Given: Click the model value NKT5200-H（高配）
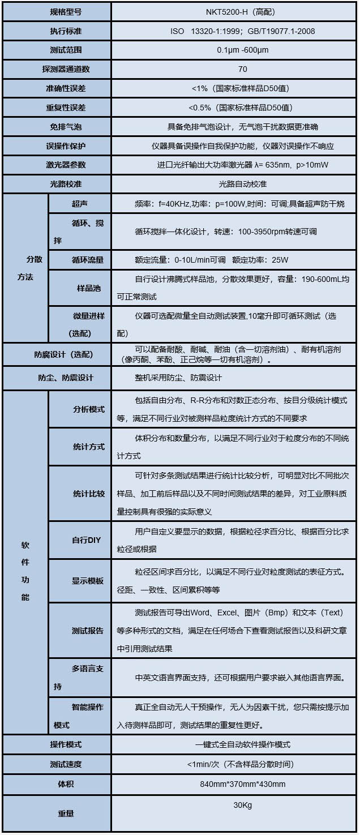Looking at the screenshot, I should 234,11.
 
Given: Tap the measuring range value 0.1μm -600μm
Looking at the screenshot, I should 234,50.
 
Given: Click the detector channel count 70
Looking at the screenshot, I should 234,69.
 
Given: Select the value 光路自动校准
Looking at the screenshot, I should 234,185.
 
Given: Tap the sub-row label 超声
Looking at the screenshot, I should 80,203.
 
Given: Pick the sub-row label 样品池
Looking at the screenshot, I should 89,288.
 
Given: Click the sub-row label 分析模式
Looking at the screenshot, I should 89,409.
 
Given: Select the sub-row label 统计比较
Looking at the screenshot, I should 89,494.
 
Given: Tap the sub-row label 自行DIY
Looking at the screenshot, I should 86,540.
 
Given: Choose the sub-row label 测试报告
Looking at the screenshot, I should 88,631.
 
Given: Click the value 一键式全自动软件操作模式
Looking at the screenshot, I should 234,745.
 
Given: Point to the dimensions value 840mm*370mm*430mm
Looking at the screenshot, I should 234,784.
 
